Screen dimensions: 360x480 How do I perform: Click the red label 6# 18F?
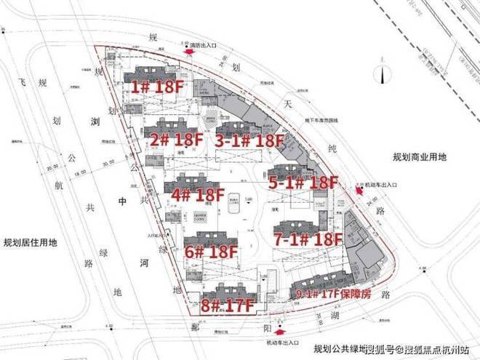(211, 252)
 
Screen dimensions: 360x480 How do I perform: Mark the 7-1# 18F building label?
(308, 239)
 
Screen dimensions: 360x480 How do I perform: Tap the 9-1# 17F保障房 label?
(333, 295)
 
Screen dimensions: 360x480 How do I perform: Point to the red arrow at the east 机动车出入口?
(359, 191)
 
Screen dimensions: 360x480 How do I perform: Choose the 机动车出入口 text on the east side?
(378, 184)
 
